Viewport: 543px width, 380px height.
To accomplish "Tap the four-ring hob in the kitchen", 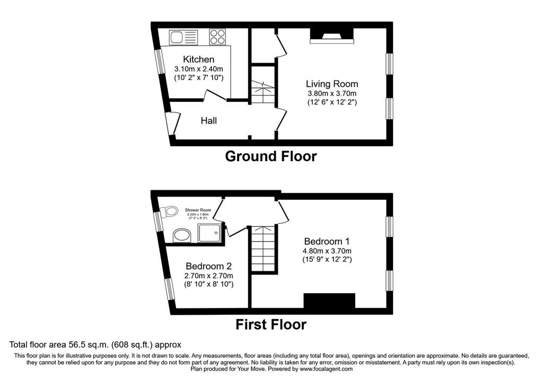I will (217, 37).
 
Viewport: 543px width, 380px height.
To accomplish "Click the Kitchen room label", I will (198, 59).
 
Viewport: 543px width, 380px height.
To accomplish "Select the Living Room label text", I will (331, 84).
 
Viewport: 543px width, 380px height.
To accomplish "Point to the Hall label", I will (208, 121).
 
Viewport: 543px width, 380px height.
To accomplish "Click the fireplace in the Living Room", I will (331, 35).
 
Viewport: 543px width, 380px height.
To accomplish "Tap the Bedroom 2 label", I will (208, 266).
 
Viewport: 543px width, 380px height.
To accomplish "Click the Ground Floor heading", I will (271, 156).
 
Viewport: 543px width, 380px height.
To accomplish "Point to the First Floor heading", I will (271, 324).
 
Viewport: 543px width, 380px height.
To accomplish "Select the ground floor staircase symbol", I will (263, 91).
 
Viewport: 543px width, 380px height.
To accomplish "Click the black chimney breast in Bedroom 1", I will (329, 301).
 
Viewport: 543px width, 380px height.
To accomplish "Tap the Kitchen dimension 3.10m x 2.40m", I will (198, 69).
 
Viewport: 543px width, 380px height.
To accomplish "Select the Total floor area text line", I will (95, 344).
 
